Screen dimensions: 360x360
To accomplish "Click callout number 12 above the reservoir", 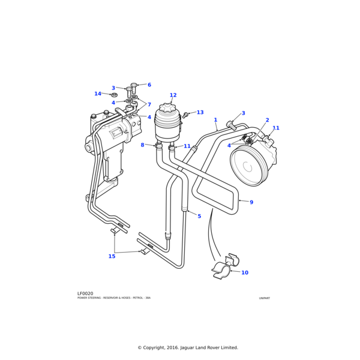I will point(173,95).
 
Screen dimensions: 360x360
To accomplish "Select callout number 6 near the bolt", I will point(149,85).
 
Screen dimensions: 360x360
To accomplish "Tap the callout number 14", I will point(98,94).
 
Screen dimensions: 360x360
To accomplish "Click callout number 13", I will point(200,113).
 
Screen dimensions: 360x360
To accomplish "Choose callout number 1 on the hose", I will point(215,120).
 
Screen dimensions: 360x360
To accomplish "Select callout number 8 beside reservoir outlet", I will point(142,145).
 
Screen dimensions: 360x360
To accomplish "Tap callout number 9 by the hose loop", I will point(251,202).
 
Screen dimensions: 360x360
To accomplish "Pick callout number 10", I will point(244,273).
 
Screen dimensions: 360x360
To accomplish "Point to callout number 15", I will point(112,256).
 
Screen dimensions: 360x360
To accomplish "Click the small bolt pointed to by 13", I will point(186,114).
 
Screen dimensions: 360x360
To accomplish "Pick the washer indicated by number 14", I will point(114,95).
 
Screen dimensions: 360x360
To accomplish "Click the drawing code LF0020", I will point(85,293).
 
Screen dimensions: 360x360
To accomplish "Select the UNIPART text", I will point(265,298).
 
